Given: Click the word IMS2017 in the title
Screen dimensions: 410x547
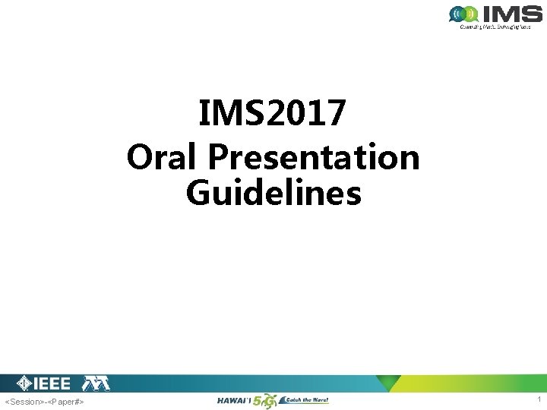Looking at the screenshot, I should (273, 115).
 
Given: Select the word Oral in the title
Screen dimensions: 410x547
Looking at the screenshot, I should (164, 157).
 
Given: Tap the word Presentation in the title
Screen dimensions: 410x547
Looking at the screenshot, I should (315, 157).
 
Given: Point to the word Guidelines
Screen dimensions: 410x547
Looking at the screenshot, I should (273, 193).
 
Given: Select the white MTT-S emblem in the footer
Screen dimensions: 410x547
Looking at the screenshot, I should (96, 383).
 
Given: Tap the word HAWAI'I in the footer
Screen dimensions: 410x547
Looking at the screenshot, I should (235, 400).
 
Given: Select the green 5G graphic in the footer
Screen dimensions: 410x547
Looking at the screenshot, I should (265, 400).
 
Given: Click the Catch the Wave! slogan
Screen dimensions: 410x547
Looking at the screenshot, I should (305, 400).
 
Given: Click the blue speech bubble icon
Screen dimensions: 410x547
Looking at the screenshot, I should (459, 14).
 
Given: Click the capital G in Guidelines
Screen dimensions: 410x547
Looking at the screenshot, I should (198, 193).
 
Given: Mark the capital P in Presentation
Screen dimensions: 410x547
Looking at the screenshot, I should (219, 157).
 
